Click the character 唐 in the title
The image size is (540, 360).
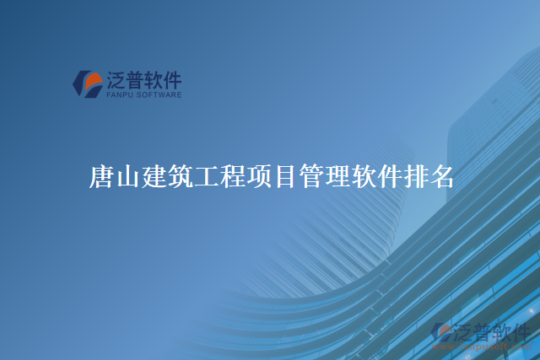(101, 177)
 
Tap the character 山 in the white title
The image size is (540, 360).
(127, 177)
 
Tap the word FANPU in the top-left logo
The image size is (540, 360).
(120, 95)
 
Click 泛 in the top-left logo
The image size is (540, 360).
(116, 80)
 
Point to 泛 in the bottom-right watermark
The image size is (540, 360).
(462, 330)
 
